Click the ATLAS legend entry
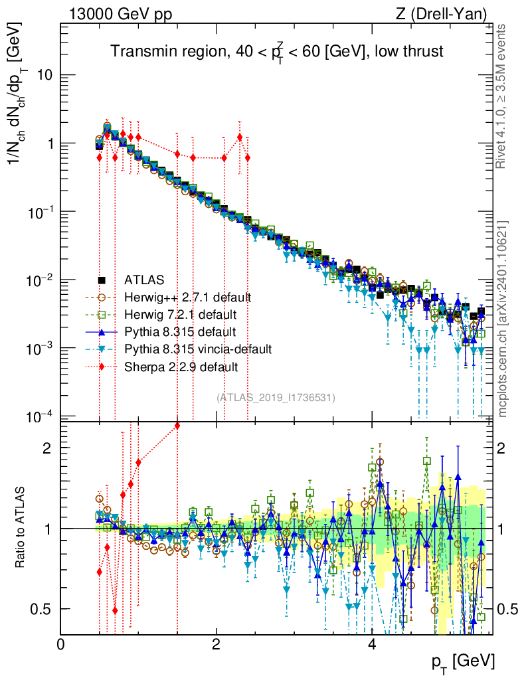pyautogui.click(x=142, y=280)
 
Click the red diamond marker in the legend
pyautogui.click(x=102, y=366)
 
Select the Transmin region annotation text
pyautogui.click(x=276, y=51)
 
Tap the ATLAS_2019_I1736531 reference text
pyautogui.click(x=275, y=397)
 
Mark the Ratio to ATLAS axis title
pyautogui.click(x=21, y=528)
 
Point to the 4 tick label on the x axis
pyautogui.click(x=372, y=645)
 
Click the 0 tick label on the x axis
pyautogui.click(x=61, y=645)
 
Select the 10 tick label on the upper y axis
pyautogui.click(x=44, y=75)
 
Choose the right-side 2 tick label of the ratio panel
pyautogui.click(x=503, y=448)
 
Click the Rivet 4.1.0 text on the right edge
pyautogui.click(x=503, y=96)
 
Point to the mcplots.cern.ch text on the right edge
pyautogui.click(x=503, y=319)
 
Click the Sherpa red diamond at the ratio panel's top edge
pyautogui.click(x=177, y=426)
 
